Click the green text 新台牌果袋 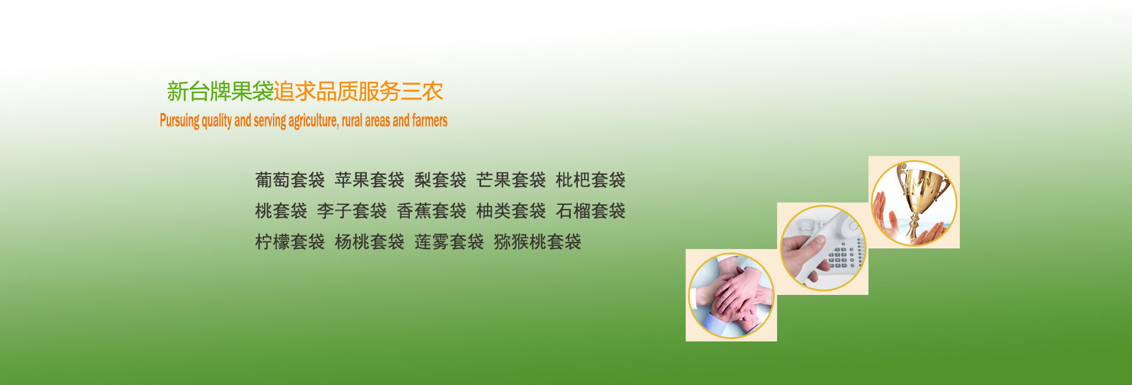tap(220, 91)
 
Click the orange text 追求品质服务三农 tap(358, 91)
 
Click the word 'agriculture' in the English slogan tap(313, 121)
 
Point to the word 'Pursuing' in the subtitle tap(180, 121)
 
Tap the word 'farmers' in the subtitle tap(430, 120)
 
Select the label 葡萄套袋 tap(290, 180)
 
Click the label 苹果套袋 tap(370, 180)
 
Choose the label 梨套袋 tap(440, 180)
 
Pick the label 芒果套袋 tap(511, 180)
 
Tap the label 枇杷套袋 tap(591, 180)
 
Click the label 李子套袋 tap(352, 211)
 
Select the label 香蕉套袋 tap(432, 211)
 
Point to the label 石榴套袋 tap(591, 211)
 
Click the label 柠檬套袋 tap(290, 241)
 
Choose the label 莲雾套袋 tap(449, 241)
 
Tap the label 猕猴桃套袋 tap(538, 241)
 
